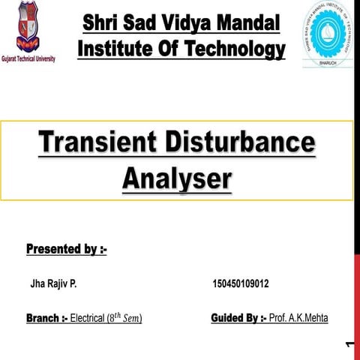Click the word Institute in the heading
pos(115,49)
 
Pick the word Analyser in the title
pos(177,179)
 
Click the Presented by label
pos(66,248)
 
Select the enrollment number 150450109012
pos(241,285)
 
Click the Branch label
pos(46,319)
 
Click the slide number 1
pos(351,345)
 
